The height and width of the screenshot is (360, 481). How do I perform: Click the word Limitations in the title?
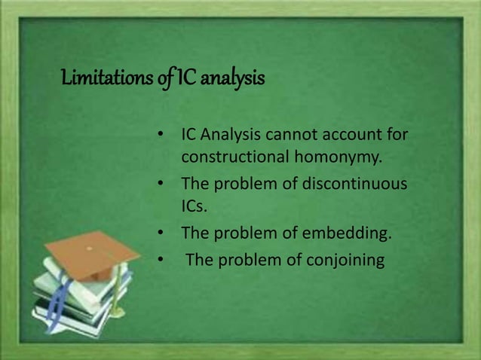102,78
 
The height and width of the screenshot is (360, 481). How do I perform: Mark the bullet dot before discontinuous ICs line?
160,184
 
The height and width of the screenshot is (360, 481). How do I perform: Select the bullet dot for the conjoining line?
160,261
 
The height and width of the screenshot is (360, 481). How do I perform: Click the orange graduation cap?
91,252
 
